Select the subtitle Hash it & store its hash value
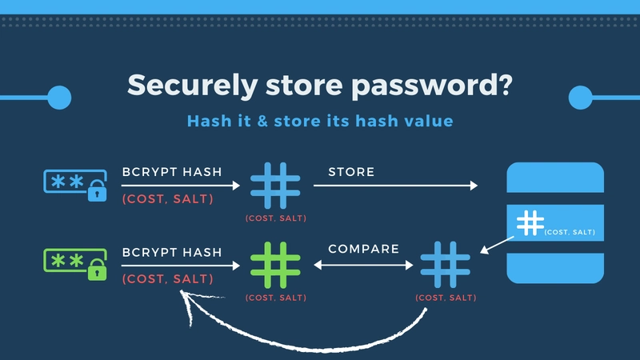coord(320,121)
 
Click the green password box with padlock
coord(74,263)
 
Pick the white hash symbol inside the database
coord(530,223)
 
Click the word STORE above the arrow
coord(351,172)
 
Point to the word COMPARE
coord(363,249)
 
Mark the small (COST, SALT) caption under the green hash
coord(275,298)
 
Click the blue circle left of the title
coord(59,98)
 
